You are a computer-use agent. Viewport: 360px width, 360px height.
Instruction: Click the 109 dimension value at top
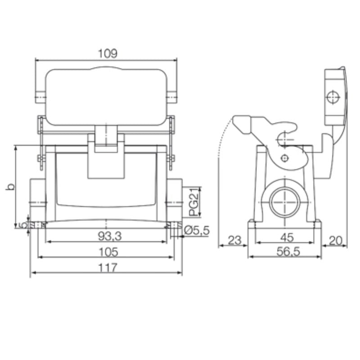108,54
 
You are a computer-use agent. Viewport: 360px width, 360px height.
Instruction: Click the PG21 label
193,202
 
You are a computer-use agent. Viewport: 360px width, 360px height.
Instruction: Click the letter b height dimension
10,186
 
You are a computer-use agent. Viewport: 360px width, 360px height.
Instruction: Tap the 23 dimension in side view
233,240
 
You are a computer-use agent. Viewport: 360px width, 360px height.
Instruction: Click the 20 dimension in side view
335,240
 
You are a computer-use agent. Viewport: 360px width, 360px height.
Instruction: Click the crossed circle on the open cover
333,97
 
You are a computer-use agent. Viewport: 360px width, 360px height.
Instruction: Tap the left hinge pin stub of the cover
40,96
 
